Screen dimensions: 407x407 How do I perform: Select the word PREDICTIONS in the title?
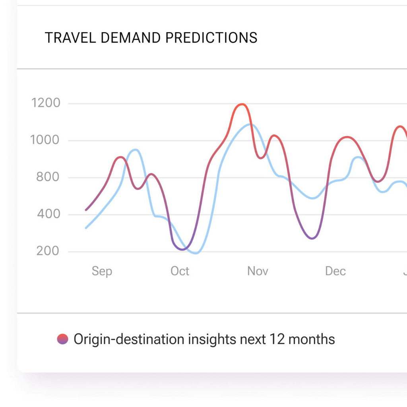(x=211, y=38)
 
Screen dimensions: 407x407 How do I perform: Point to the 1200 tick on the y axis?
(x=46, y=103)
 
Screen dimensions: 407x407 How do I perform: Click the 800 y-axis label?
(x=48, y=177)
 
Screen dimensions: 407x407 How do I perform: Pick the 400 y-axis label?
(x=48, y=214)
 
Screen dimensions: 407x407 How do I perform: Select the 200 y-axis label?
(x=48, y=251)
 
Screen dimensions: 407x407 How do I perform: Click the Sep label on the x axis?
(x=102, y=271)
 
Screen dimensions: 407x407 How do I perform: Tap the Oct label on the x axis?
(x=180, y=271)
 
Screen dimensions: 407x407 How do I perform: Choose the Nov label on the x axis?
(x=258, y=271)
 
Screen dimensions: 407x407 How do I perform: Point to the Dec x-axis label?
(x=335, y=271)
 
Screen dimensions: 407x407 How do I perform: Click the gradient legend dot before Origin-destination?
(x=62, y=339)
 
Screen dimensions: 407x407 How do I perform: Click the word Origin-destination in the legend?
(x=129, y=339)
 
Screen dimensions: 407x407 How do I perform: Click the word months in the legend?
(x=312, y=339)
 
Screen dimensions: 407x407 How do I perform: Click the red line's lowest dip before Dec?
(x=312, y=238)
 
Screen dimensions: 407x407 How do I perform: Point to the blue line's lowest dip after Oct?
(x=196, y=253)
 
